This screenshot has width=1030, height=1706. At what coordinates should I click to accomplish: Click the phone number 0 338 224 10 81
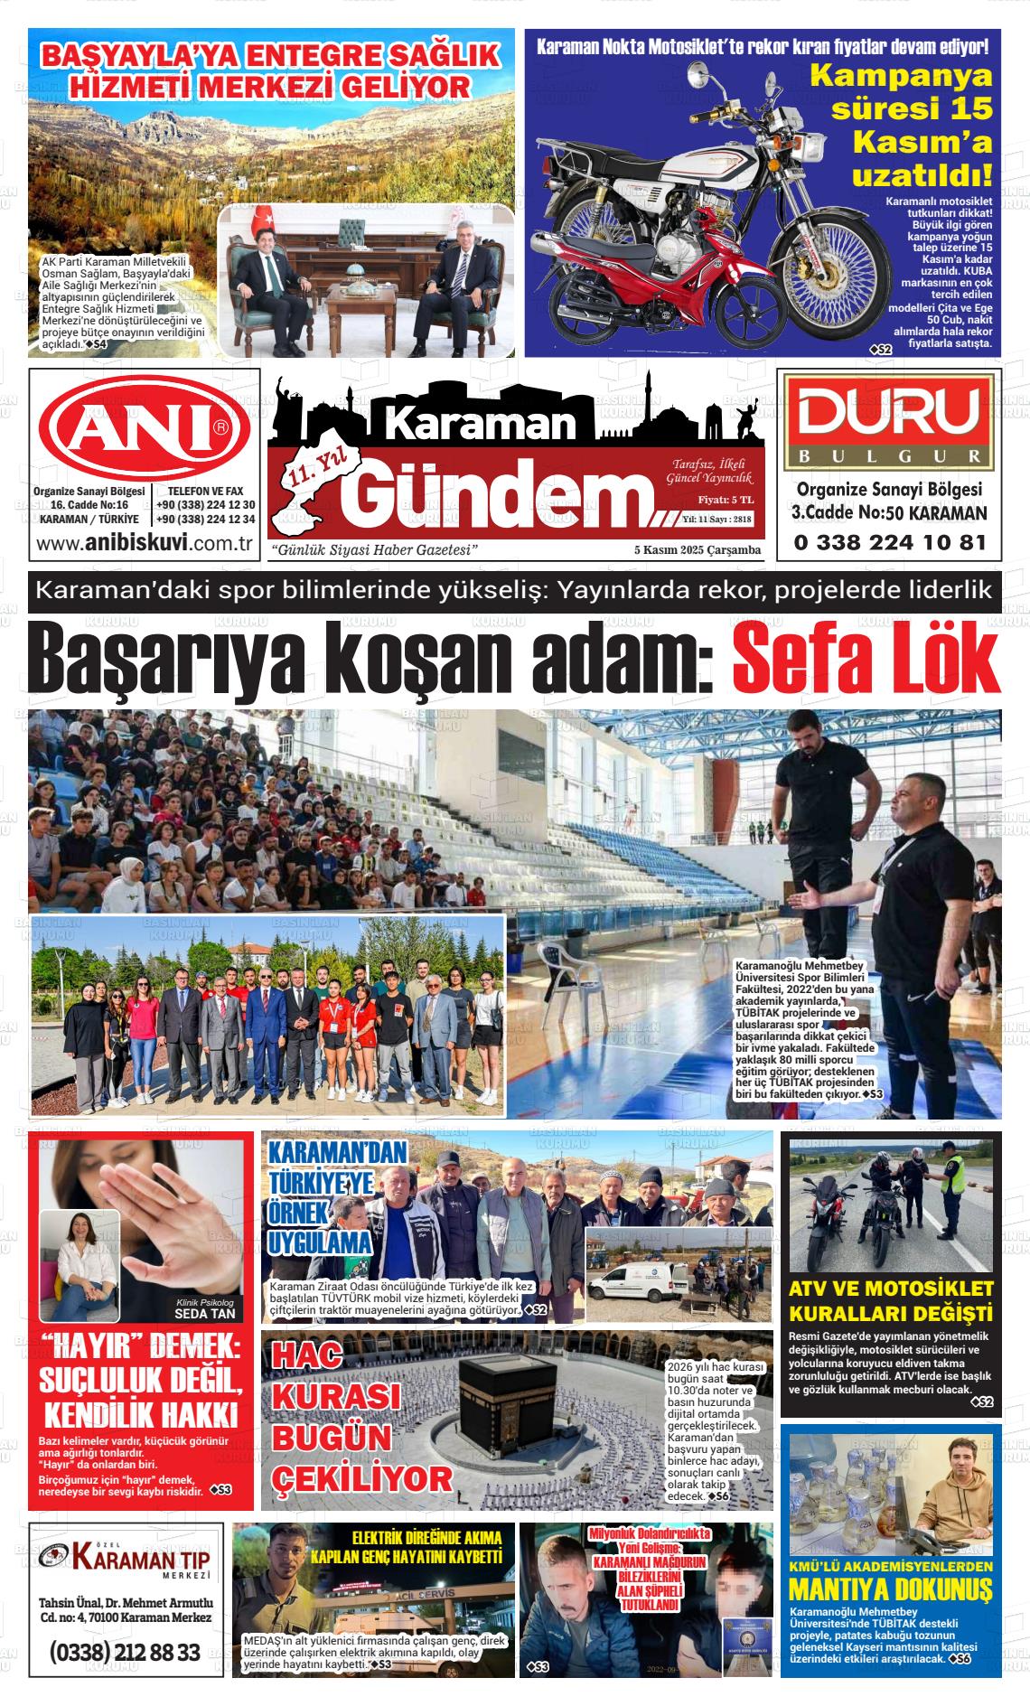(x=889, y=543)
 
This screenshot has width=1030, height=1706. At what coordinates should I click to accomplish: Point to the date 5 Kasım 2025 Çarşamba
(x=697, y=550)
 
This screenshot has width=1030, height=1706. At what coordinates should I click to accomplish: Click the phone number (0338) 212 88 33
(x=126, y=1653)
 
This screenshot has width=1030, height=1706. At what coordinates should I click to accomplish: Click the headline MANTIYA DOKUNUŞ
(x=890, y=1588)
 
